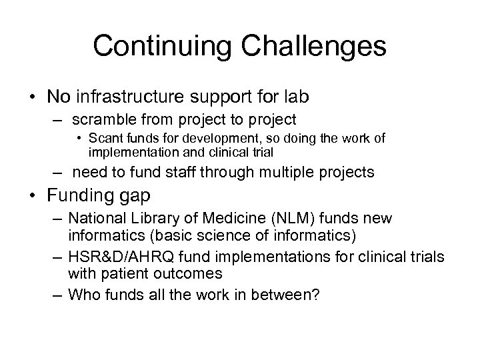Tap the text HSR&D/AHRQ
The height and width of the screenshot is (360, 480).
123,259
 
